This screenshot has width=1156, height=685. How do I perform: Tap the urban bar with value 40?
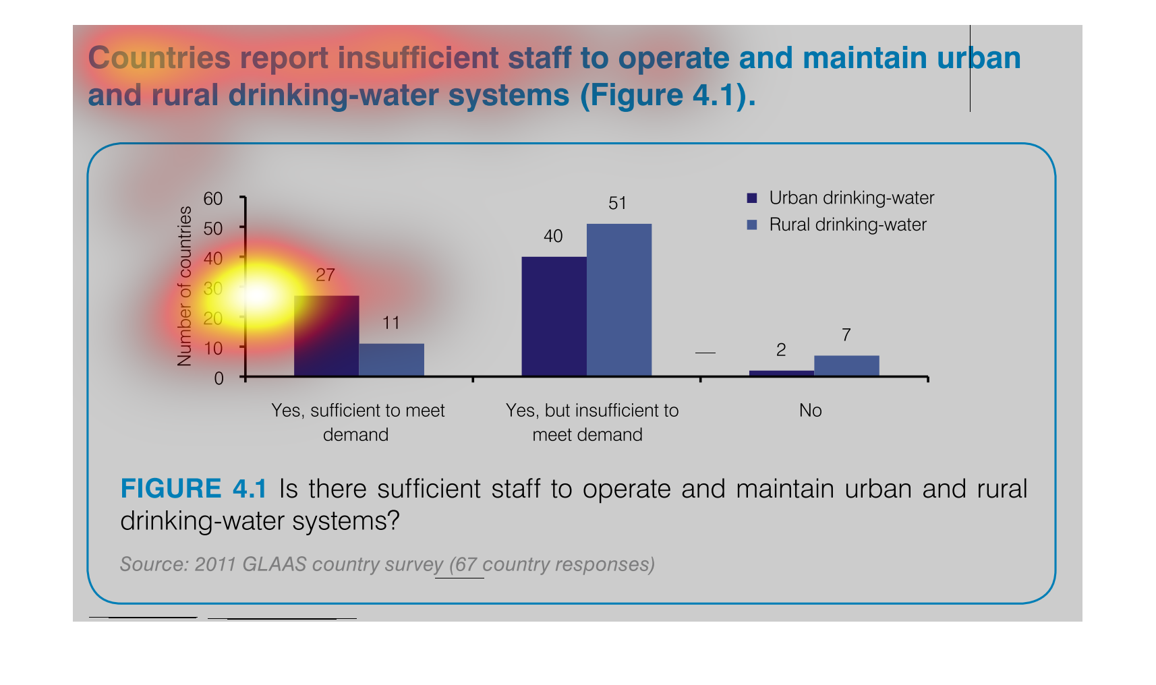(x=554, y=316)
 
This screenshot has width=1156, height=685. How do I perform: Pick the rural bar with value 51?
(x=619, y=300)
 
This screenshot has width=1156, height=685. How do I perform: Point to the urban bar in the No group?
(x=781, y=373)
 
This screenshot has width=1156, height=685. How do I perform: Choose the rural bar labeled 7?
(x=846, y=365)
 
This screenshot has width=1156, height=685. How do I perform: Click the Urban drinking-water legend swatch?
(x=752, y=198)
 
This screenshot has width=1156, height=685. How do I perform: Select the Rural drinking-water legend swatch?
(x=752, y=225)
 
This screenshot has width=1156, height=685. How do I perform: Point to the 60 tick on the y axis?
(x=213, y=199)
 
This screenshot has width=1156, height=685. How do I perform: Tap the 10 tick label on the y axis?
(x=213, y=349)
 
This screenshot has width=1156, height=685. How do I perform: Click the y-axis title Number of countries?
(x=185, y=286)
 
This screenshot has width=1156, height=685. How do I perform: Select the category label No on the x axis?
(x=810, y=411)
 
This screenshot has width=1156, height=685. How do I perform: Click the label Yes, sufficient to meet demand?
(x=357, y=422)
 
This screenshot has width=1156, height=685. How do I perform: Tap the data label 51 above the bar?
(x=617, y=204)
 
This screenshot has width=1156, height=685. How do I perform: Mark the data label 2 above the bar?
(x=781, y=350)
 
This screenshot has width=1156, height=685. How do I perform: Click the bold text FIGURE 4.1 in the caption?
(x=194, y=489)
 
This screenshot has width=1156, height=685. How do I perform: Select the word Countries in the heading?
(x=159, y=58)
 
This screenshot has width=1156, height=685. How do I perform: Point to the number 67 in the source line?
(x=466, y=564)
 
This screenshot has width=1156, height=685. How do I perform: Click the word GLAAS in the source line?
(x=274, y=564)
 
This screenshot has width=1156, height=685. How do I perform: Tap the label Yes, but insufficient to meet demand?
(x=591, y=422)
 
